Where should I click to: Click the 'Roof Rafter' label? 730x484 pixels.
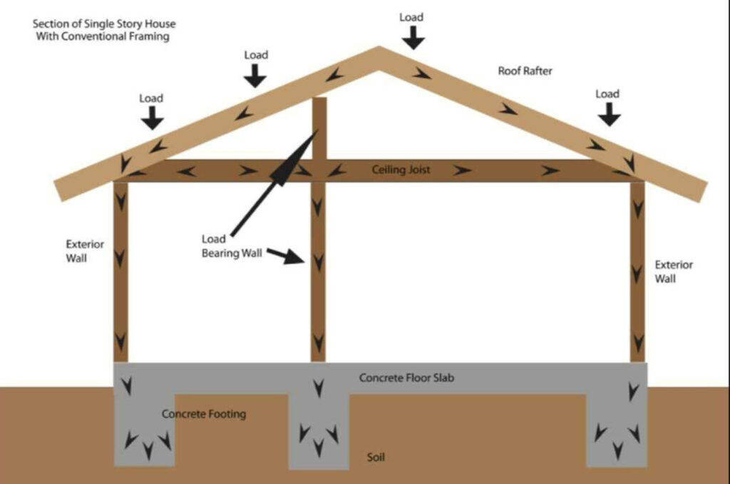tap(525, 71)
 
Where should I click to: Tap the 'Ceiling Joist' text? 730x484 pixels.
tap(400, 170)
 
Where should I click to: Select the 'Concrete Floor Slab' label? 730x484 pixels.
tap(406, 378)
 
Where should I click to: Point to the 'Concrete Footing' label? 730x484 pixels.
tap(203, 414)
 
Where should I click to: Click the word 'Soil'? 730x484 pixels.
tap(376, 457)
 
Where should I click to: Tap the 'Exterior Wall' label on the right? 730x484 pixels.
tap(674, 272)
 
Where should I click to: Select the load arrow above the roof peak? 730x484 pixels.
tap(411, 37)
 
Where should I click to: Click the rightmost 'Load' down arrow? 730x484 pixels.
tap(608, 114)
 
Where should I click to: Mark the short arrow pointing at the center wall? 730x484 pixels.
tap(285, 255)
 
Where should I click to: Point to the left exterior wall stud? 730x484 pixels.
tap(120, 271)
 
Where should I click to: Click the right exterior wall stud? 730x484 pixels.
tap(637, 271)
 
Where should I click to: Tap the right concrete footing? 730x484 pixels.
tap(617, 431)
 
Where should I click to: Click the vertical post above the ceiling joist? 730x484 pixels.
tap(319, 128)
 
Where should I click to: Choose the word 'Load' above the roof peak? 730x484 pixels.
tap(411, 17)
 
